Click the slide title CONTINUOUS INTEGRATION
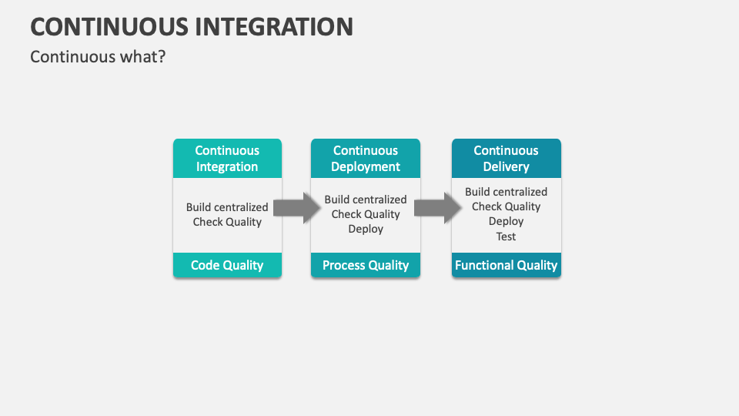[192, 26]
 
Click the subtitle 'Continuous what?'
[98, 57]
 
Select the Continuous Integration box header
[227, 158]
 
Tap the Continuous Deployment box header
[366, 158]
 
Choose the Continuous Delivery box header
[506, 158]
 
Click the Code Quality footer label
[227, 265]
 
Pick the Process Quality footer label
[366, 265]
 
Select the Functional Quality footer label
[506, 265]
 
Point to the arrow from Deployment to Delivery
[436, 208]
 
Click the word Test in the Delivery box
[506, 237]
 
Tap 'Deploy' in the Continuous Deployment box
[366, 229]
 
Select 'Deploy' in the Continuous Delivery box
[506, 221]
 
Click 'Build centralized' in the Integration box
[227, 207]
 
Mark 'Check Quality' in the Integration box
[227, 222]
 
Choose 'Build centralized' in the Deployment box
[366, 200]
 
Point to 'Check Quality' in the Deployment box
[366, 214]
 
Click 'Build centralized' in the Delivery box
[506, 192]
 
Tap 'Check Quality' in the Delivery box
[506, 206]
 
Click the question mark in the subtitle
[162, 57]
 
